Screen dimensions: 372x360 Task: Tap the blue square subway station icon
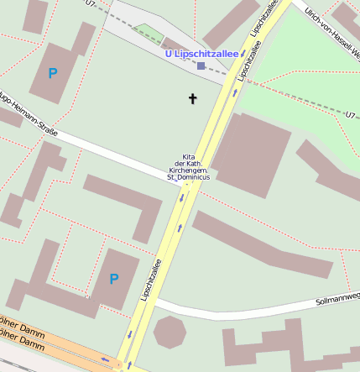pos(201,65)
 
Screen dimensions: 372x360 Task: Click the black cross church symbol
pos(192,99)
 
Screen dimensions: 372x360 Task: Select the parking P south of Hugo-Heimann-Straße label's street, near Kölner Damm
pos(114,279)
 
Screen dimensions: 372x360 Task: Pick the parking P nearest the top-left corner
pos(52,74)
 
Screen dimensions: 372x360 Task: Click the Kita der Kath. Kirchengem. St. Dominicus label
pos(189,167)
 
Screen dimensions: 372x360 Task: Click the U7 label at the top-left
pos(91,4)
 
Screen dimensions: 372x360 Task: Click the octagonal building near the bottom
pos(170,332)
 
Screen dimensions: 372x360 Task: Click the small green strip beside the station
pos(150,34)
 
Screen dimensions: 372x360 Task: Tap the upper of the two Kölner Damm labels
pos(20,328)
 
